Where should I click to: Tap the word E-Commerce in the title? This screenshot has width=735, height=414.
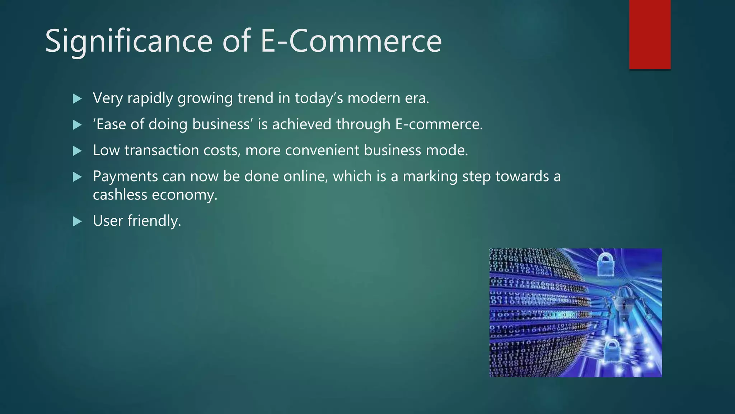point(351,41)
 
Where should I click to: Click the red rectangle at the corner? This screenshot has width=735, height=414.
point(650,34)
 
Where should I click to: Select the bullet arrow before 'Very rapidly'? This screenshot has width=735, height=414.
point(77,99)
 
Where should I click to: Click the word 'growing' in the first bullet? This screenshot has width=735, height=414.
point(205,99)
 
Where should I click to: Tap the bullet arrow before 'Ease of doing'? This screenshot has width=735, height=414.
point(77,125)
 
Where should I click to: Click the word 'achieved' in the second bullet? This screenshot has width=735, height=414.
point(301,124)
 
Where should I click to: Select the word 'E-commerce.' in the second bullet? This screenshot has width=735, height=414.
point(439,124)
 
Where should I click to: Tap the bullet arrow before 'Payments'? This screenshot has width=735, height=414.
point(77,177)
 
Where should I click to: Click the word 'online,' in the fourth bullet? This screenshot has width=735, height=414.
point(305,176)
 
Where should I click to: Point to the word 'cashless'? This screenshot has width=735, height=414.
point(120,195)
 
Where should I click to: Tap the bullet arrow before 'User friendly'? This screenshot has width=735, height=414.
point(77,221)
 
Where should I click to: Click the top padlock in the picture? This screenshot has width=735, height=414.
point(605,264)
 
